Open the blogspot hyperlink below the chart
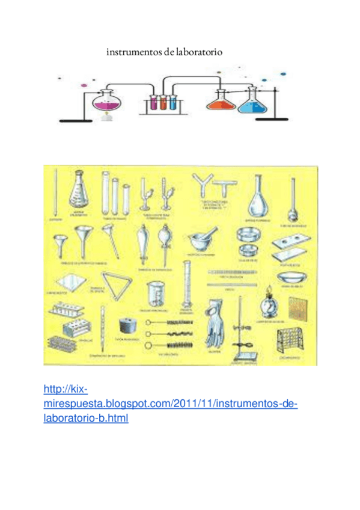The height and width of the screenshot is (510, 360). [171, 404]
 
